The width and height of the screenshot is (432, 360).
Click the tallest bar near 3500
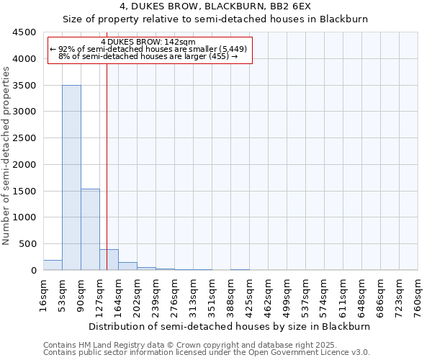[71, 177]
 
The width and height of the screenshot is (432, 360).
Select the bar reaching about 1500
[90, 229]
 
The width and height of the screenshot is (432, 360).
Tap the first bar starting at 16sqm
[53, 265]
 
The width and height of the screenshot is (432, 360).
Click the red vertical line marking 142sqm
[107, 158]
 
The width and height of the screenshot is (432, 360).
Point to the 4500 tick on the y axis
[24, 32]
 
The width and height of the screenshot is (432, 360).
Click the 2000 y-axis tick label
[24, 165]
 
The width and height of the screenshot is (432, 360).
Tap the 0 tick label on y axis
[34, 271]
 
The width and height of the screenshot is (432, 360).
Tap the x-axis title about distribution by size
[230, 326]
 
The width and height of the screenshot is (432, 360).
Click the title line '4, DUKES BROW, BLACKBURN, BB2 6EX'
[215, 7]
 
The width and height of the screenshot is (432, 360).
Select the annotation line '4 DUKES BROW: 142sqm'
[148, 42]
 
